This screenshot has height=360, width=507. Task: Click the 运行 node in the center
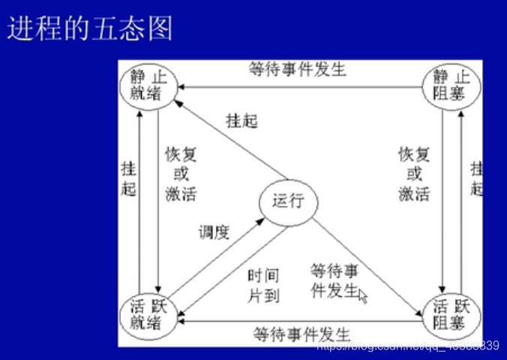288,201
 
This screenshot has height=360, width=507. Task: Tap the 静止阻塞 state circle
452,85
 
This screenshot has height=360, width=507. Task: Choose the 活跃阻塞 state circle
452,316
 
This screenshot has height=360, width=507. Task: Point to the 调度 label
213,232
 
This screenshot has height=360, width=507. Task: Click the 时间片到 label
263,286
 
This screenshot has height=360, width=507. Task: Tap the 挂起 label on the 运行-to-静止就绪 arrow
241,120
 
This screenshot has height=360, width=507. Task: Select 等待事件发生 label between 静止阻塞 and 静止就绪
298,70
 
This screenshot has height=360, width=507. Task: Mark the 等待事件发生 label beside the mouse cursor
334,280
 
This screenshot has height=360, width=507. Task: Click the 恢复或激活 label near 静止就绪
181,174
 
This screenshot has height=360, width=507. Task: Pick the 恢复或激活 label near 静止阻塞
414,174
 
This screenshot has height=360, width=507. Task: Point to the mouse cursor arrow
363,295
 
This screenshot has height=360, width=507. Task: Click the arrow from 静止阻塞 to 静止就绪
300,87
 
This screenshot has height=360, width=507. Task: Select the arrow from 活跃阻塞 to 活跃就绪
300,320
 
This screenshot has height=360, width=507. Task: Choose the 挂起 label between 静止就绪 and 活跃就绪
129,178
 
